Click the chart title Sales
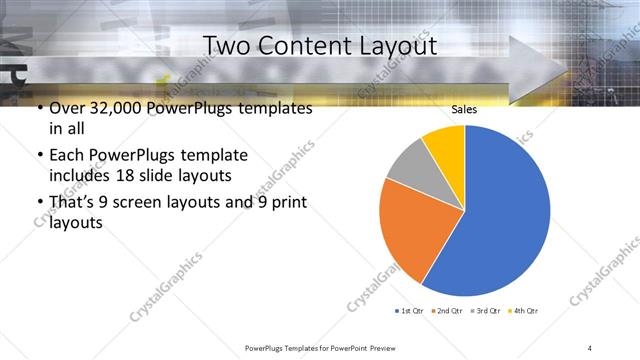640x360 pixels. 464,109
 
